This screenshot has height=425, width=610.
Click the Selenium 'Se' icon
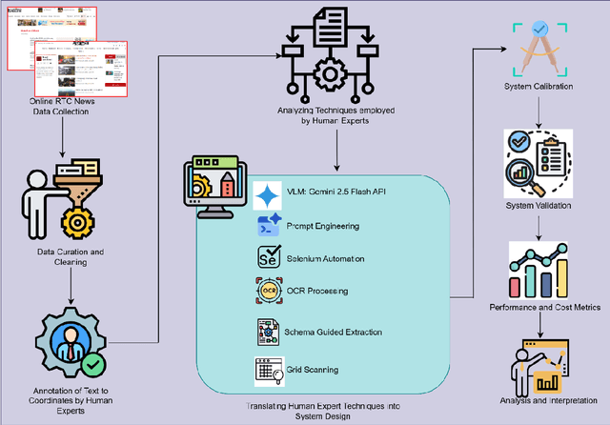[x=268, y=256]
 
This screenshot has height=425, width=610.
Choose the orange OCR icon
[x=268, y=290]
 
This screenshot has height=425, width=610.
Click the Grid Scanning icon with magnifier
[x=268, y=367]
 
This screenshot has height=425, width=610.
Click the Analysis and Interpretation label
[x=541, y=400]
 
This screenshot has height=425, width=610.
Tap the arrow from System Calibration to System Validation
[x=540, y=114]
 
